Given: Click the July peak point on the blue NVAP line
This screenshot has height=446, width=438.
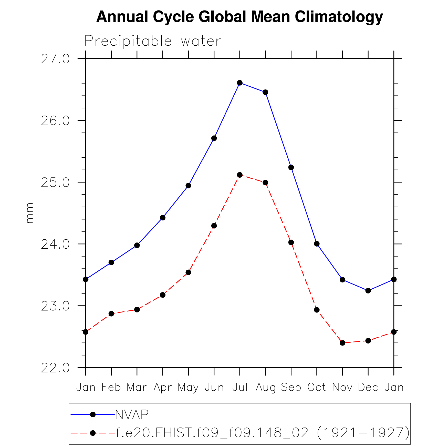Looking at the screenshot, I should click(x=240, y=83).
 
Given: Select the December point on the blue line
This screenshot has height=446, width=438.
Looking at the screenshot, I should click(x=368, y=290).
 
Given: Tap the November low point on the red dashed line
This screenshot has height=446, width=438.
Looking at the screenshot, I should click(x=342, y=343).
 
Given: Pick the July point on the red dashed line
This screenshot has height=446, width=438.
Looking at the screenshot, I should click(x=240, y=175).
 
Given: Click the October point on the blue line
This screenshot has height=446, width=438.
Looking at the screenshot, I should click(x=317, y=244).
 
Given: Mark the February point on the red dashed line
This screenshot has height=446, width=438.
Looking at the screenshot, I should click(x=111, y=313).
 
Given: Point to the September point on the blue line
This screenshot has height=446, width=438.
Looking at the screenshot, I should click(x=291, y=167).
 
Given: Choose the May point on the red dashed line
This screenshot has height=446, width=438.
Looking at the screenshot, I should click(x=188, y=272).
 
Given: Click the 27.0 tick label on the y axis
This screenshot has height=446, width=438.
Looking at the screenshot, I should click(x=55, y=59).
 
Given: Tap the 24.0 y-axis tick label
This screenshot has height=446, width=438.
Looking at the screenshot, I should click(x=55, y=244).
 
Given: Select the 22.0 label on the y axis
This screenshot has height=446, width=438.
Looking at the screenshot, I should click(x=55, y=368).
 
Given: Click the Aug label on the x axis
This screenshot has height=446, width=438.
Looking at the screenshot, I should click(x=265, y=388).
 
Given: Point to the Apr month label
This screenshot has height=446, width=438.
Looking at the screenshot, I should click(x=163, y=388).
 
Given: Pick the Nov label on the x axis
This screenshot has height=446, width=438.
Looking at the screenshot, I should click(x=342, y=387).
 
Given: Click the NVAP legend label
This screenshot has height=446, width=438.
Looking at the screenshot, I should click(x=132, y=414).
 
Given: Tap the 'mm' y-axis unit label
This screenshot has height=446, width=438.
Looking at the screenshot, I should click(x=30, y=213).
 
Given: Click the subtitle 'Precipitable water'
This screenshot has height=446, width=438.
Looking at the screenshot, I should click(x=153, y=41).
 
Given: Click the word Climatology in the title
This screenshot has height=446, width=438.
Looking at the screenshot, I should click(x=339, y=17).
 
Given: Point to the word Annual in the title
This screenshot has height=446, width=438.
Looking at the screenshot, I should click(x=122, y=17).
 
